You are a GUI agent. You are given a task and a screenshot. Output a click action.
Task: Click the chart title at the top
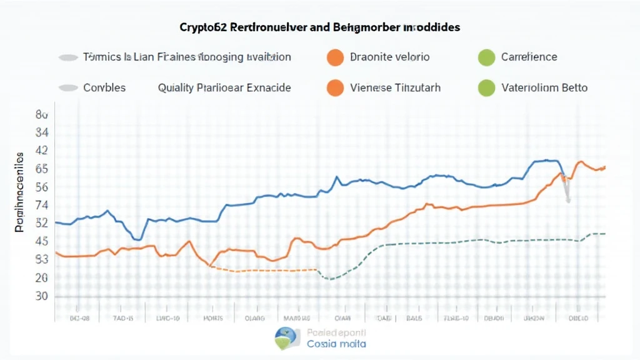[x=319, y=27]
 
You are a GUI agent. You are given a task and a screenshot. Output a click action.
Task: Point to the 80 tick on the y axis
[x=42, y=115]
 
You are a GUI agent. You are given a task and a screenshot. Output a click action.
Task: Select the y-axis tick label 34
[x=42, y=132]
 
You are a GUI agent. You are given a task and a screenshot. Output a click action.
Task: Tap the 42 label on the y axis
[x=42, y=151]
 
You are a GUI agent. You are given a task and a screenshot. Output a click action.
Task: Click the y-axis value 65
[x=42, y=169]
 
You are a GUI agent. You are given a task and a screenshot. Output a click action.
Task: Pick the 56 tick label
[x=42, y=187]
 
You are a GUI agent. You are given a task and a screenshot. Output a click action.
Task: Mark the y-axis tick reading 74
[x=42, y=205]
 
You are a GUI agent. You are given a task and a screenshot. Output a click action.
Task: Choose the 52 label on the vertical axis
[x=42, y=223]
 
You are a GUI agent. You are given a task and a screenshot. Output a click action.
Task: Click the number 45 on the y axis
[x=42, y=241]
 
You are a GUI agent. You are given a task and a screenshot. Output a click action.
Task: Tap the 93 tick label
[x=42, y=259]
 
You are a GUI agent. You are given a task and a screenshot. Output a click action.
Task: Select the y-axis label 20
[x=42, y=277]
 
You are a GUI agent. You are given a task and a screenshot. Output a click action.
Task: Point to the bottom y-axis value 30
[x=42, y=296]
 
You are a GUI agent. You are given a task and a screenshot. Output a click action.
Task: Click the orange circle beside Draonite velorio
[x=336, y=57]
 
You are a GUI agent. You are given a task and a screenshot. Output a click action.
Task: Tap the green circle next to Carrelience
[x=486, y=57]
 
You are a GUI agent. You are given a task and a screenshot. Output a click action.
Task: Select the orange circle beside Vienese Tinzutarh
[x=336, y=88]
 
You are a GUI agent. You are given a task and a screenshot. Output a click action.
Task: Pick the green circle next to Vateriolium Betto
[x=486, y=88]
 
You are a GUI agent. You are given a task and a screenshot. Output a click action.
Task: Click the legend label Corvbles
[x=104, y=88]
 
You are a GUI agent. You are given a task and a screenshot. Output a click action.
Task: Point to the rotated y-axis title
[x=19, y=191]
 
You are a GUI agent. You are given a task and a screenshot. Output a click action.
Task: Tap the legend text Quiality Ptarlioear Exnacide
[x=224, y=88]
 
